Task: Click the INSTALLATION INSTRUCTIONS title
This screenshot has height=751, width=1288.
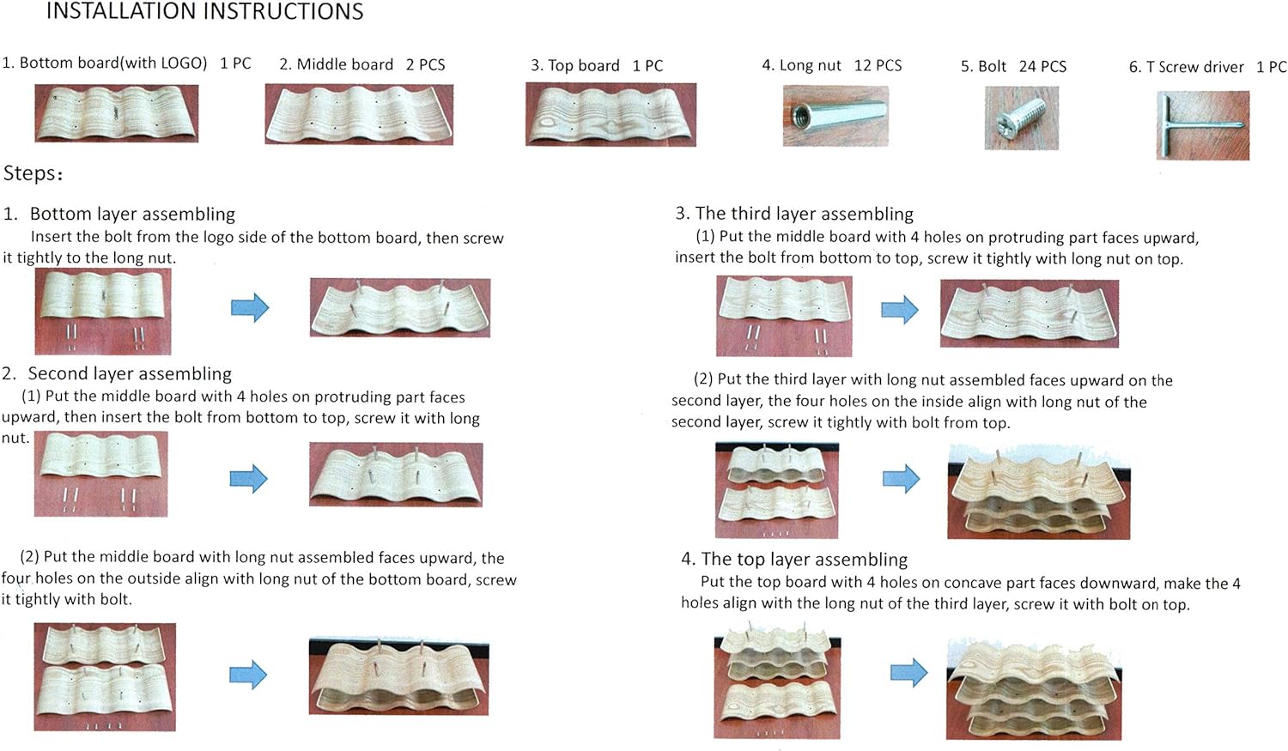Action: (204, 11)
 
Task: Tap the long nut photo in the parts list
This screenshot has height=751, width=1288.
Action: (835, 116)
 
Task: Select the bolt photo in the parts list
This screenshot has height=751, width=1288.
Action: (1021, 118)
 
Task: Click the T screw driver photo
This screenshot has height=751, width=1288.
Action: (1203, 125)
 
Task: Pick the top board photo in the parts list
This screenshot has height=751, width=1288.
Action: (611, 114)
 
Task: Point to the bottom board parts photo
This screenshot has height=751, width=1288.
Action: (117, 113)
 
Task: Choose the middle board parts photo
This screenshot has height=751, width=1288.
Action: (359, 114)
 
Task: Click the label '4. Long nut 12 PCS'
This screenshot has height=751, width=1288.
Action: (831, 65)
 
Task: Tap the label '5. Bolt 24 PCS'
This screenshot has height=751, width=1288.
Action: (1013, 67)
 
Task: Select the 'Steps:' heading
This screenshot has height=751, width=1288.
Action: (33, 173)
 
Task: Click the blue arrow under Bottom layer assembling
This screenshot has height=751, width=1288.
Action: (250, 307)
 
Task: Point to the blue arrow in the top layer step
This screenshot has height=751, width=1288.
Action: (909, 672)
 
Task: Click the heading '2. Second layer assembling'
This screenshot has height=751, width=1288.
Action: (117, 373)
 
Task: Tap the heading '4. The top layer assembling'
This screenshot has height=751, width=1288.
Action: (794, 559)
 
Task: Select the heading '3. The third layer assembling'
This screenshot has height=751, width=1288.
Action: (794, 214)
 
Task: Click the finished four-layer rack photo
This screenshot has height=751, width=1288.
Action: (1034, 689)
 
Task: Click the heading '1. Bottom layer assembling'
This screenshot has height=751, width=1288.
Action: (119, 214)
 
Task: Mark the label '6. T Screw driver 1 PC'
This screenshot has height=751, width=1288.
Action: (1207, 67)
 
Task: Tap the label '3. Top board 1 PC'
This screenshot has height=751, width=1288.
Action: (597, 65)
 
